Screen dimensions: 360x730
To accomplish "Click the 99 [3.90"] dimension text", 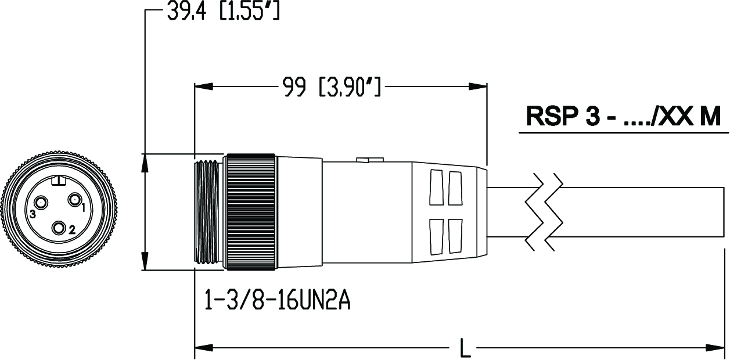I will pos(331,87).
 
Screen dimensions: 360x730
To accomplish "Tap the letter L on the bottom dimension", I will pos(464,348).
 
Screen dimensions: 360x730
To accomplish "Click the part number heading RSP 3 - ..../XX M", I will pos(623,117).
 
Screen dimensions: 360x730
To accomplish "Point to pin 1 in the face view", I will pos(75,200).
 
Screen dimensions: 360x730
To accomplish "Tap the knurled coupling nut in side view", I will pos(251,212).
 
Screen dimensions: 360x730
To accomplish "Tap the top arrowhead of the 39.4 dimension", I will pos(145,163).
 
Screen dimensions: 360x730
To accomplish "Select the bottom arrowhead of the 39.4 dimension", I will pos(145,261).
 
